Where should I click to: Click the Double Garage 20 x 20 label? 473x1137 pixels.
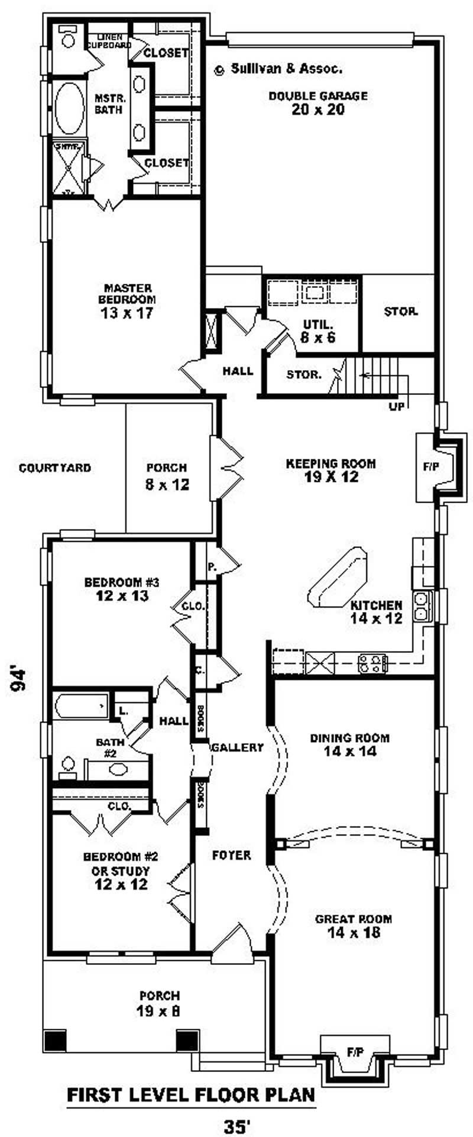coord(318,103)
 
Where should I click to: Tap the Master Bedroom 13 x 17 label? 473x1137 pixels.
coord(128,302)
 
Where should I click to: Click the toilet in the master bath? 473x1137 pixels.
coord(69,37)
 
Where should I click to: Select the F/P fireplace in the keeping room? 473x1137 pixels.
coord(430,467)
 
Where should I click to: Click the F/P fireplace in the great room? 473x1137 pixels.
coord(355,1052)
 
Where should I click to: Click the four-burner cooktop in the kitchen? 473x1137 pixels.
coord(372,663)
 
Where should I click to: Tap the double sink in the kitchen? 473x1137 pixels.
coord(422,605)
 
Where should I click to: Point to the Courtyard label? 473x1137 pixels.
coord(55,468)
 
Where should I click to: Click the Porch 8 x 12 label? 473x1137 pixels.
coord(167,477)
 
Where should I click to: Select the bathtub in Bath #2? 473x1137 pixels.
coord(81,706)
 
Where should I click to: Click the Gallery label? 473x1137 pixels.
coord(237,747)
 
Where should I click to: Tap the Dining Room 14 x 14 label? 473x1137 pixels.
coord(349,744)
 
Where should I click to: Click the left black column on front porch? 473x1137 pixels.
coord(55,1040)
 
